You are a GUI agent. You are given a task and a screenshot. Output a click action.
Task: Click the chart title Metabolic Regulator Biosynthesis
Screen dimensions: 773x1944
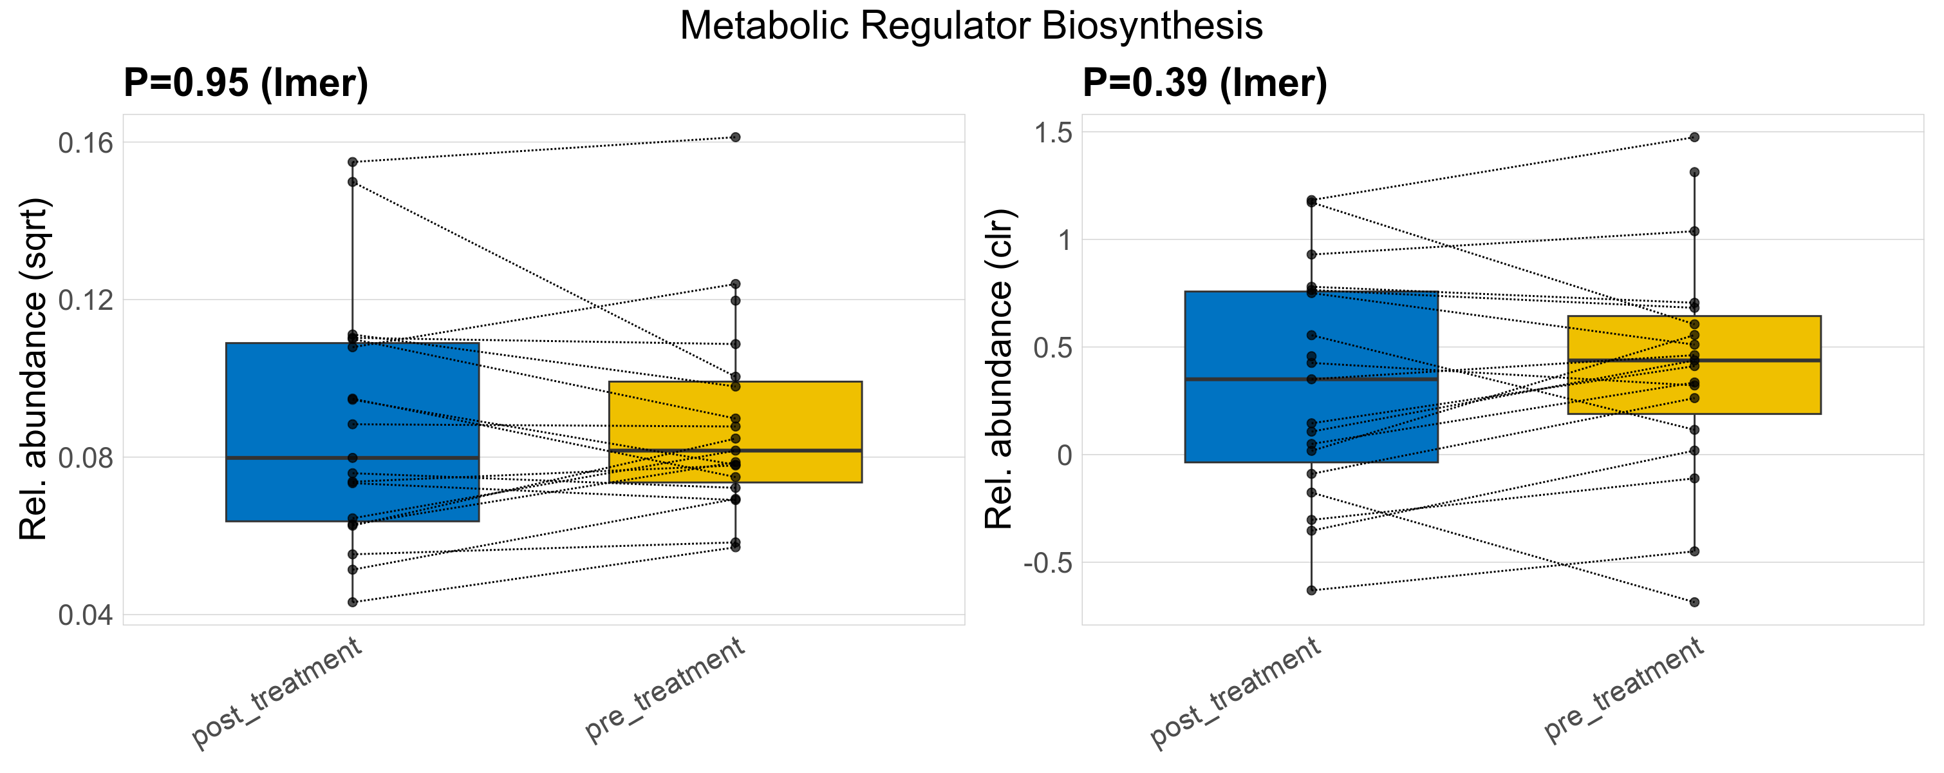pyautogui.click(x=971, y=26)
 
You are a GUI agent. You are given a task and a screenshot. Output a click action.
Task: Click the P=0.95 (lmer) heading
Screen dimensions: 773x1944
pyautogui.click(x=246, y=82)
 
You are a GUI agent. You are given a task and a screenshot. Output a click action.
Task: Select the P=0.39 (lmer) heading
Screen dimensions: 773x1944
pyautogui.click(x=1204, y=82)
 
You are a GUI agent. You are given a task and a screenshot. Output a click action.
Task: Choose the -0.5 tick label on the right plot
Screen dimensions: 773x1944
pyautogui.click(x=1047, y=563)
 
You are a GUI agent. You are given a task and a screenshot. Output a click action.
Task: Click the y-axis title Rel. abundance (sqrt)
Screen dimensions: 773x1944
pyautogui.click(x=33, y=369)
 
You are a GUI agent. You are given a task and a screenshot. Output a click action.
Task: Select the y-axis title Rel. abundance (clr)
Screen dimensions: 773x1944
pyautogui.click(x=999, y=369)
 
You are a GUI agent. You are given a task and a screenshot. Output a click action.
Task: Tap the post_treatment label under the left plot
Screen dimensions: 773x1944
pyautogui.click(x=277, y=693)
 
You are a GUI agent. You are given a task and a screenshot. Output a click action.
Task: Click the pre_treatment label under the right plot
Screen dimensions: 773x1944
pyautogui.click(x=1624, y=689)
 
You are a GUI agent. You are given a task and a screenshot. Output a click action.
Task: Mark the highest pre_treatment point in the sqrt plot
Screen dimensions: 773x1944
pyautogui.click(x=735, y=137)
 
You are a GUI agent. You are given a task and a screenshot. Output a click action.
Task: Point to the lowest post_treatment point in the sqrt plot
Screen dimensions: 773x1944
pyautogui.click(x=352, y=602)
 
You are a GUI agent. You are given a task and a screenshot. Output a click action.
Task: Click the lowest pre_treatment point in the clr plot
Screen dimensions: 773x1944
pyautogui.click(x=1694, y=602)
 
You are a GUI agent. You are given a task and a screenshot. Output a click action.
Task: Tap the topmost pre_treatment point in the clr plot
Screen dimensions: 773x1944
pyautogui.click(x=1694, y=137)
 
